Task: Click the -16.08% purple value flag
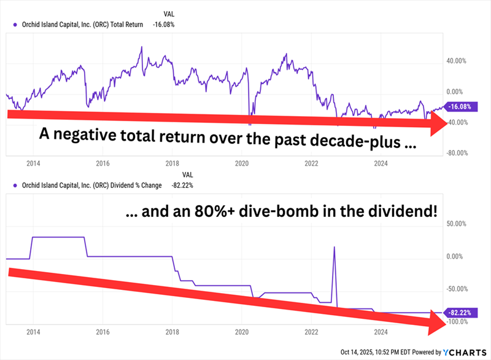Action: point(460,106)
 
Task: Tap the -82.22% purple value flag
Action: point(460,313)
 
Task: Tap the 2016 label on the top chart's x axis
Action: point(102,163)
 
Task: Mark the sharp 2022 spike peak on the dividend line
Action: point(334,247)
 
